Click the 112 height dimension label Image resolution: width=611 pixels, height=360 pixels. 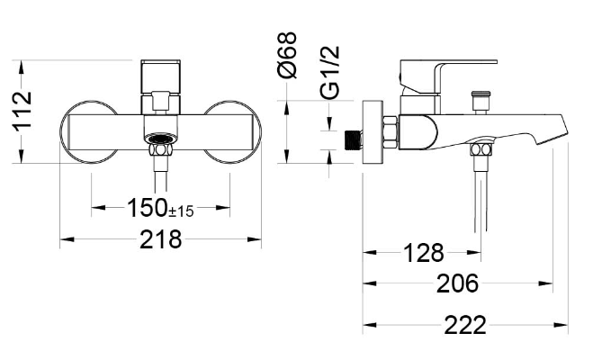point(22,112)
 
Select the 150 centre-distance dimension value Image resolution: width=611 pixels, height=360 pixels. point(147,208)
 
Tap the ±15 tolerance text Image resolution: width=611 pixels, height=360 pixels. point(181,211)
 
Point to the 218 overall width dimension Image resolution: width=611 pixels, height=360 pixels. point(160,239)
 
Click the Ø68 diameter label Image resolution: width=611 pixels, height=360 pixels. point(287,55)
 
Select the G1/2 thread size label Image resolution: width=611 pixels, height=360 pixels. point(330,72)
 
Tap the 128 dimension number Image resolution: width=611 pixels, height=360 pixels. point(423,253)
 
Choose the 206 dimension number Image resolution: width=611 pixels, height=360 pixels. point(457,283)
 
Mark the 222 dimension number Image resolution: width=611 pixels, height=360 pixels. point(465,325)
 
